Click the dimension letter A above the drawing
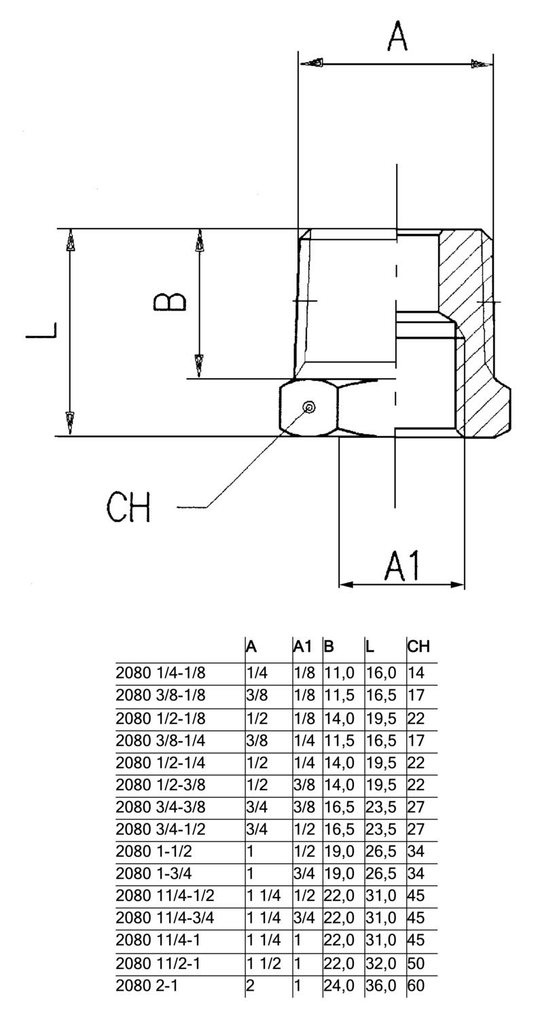397,36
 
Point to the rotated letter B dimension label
170,301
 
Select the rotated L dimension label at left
41,330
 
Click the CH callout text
128,507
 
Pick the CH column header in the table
418,646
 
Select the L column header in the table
370,646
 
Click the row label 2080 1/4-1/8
160,673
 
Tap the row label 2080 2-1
147,985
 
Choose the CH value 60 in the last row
416,985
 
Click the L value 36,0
381,985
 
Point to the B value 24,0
339,985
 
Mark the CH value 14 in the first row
416,673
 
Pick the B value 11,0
339,673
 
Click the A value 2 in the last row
250,985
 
